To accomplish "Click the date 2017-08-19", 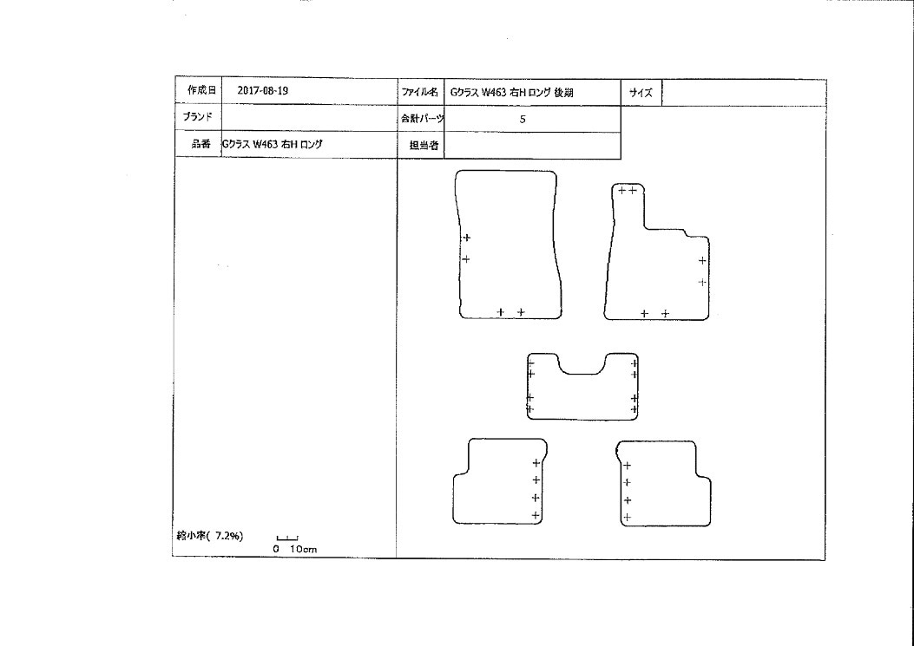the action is coord(262,91).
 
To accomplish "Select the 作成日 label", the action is coord(201,89).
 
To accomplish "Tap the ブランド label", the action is coord(198,116).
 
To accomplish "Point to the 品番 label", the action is coord(201,144).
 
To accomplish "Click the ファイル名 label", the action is coord(419,92).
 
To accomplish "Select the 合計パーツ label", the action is coord(422,119).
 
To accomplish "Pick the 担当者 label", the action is coord(424,146).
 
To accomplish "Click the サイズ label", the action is coord(641,92).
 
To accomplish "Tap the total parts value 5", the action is coord(523,120).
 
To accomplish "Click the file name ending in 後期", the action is coord(511,92).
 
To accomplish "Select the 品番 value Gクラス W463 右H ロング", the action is coord(272,145).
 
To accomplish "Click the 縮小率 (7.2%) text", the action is coord(210,536).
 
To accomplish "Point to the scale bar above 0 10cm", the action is coord(287,538).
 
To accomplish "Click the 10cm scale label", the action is coord(303,549).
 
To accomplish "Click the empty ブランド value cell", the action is coord(310,118).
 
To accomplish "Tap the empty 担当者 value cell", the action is coord(532,146).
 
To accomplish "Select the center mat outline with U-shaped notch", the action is coord(528,388).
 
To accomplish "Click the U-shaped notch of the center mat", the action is coord(582,374).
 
